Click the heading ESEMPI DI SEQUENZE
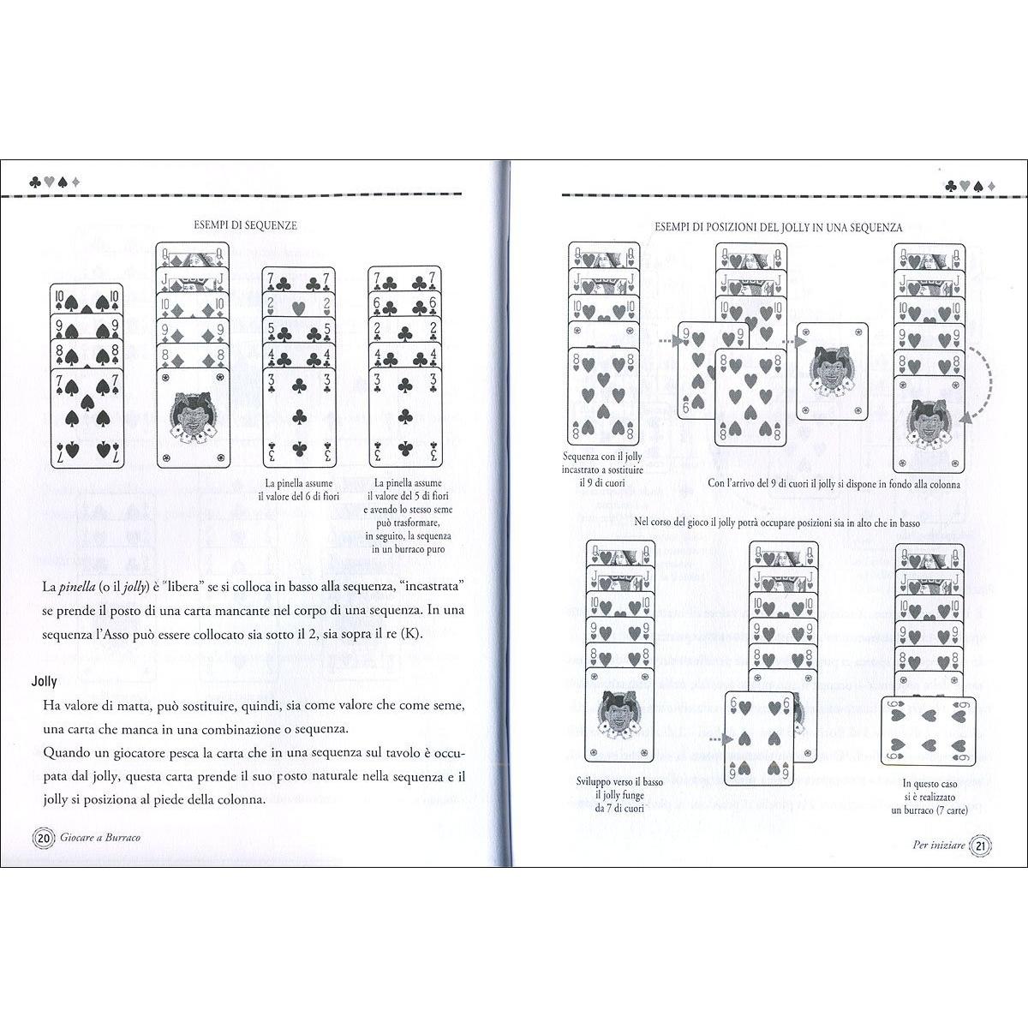point(246,225)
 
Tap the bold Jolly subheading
point(44,682)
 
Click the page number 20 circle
point(42,838)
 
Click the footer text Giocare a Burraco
point(101,838)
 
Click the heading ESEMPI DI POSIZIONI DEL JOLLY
point(778,228)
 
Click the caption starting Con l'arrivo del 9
point(834,484)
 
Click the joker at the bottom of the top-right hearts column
point(930,426)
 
